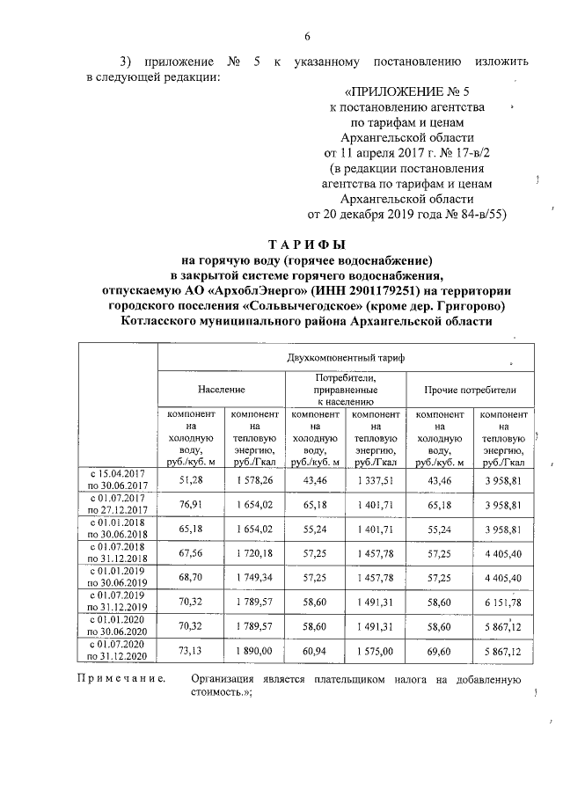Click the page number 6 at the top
click(307, 36)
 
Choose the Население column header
click(221, 388)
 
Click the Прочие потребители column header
click(470, 388)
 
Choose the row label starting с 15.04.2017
click(119, 473)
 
